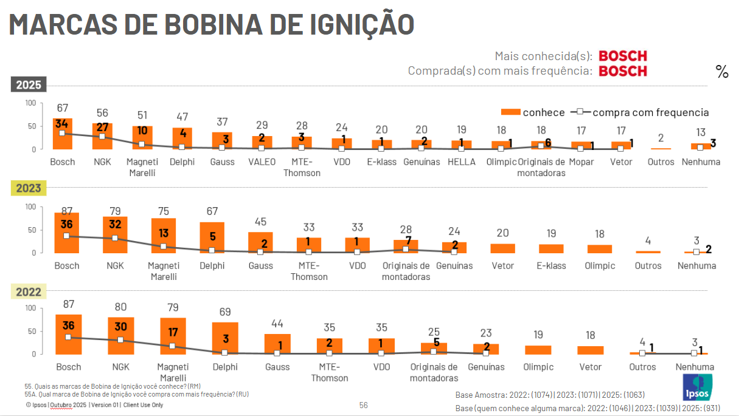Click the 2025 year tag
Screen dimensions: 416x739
[29, 85]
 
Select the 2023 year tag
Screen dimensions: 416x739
[29, 188]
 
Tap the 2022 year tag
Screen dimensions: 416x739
[29, 292]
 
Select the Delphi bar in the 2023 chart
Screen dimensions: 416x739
[212, 237]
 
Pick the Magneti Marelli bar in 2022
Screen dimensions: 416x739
[173, 336]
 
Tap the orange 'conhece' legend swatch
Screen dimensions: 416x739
[510, 112]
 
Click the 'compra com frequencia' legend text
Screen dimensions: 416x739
[650, 112]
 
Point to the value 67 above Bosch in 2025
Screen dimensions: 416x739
[63, 108]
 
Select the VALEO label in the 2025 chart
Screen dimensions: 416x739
[262, 162]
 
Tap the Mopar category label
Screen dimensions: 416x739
[581, 162]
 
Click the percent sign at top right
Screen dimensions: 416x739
[722, 72]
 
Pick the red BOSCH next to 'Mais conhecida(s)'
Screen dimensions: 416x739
[623, 56]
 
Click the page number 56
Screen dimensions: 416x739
[363, 405]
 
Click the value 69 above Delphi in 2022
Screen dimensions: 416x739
[225, 312]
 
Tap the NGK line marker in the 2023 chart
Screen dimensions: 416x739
[115, 238]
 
